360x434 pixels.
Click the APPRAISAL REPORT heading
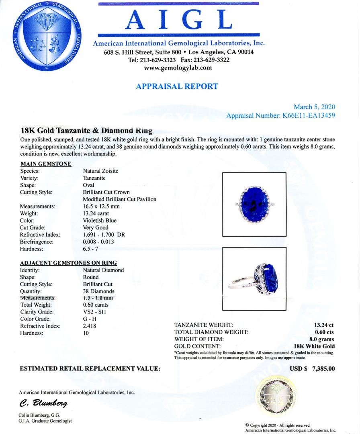click(x=177, y=86)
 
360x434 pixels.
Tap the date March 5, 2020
click(x=314, y=107)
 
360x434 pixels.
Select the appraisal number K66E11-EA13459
click(x=307, y=116)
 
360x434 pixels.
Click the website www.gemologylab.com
click(x=178, y=68)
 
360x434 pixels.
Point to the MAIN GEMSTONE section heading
click(x=46, y=164)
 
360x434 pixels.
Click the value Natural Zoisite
click(x=100, y=171)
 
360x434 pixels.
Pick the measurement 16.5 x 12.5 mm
click(x=101, y=207)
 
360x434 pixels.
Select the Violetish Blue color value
click(x=100, y=221)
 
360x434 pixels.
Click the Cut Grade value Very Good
click(x=96, y=227)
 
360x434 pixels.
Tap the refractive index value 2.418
click(x=90, y=326)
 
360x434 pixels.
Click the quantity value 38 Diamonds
click(x=98, y=291)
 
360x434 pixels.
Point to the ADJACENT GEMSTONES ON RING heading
click(x=68, y=263)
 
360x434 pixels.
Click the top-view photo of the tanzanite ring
click(x=254, y=204)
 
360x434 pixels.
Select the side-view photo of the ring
click(x=254, y=278)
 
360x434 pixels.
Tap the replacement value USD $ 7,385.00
click(x=312, y=368)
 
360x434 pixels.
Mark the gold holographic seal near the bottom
click(x=276, y=395)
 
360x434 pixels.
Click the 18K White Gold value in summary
click(x=314, y=346)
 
